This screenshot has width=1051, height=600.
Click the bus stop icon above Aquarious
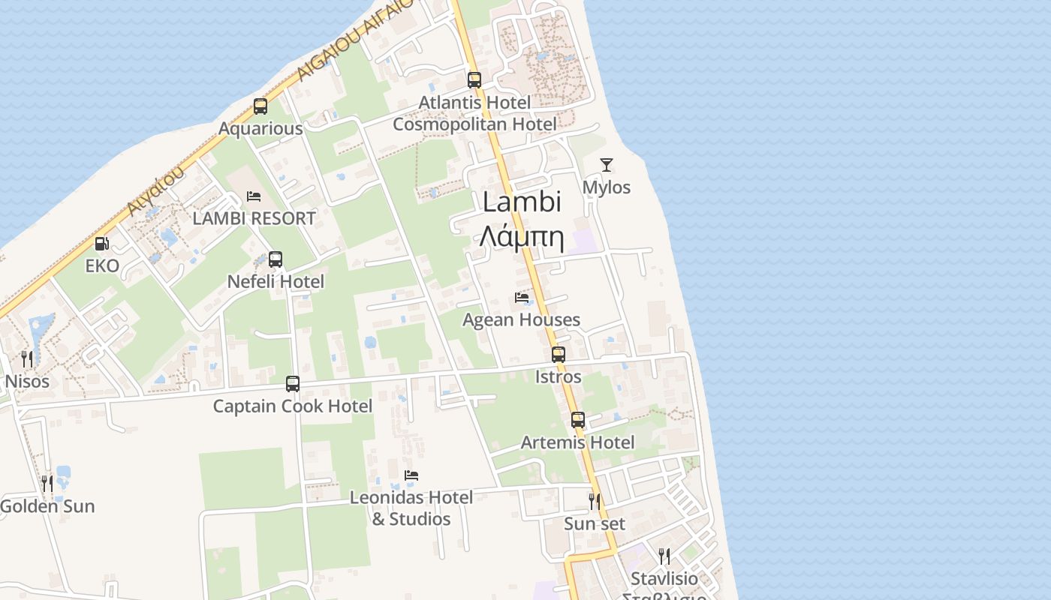pos(260,106)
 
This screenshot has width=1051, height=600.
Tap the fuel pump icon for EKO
pos(101,244)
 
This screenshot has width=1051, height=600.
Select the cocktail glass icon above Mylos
pos(607,165)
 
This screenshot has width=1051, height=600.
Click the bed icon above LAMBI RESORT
pos(254,196)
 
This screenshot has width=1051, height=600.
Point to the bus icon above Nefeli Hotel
pos(276,259)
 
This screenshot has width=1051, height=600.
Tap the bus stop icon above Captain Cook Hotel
pos(293,384)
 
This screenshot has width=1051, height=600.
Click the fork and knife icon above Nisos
pos(27,358)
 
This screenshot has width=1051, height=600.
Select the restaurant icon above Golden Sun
pos(47,484)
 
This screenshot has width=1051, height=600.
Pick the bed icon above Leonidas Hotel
pos(411,475)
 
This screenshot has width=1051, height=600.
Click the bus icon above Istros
pos(559,354)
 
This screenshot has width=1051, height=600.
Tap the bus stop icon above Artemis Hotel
pos(577,420)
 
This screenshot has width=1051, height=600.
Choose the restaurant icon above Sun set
pos(595,500)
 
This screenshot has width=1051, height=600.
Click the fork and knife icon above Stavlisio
pos(664,556)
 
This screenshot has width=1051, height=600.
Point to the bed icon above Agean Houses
pos(522,298)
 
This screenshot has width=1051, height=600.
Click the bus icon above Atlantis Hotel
pos(474,79)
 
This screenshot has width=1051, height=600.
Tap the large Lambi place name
pos(522,202)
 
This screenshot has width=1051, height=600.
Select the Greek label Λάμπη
pos(522,236)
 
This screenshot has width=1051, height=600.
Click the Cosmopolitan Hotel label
pos(474,124)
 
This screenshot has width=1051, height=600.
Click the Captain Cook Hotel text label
pos(293,406)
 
